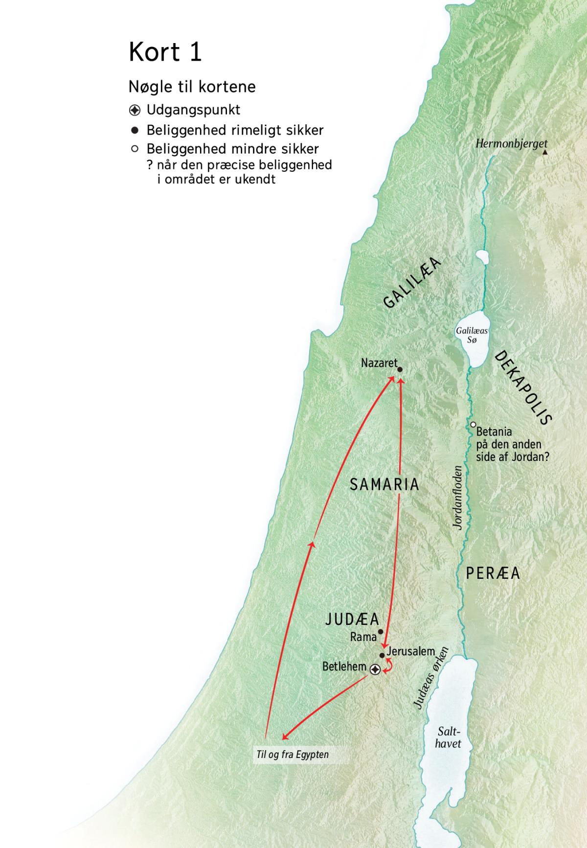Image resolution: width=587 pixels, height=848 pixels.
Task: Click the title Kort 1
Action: (x=165, y=51)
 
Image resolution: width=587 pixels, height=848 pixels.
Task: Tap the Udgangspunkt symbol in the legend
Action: (x=135, y=111)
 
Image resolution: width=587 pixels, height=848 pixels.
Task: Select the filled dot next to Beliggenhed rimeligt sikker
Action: (x=135, y=131)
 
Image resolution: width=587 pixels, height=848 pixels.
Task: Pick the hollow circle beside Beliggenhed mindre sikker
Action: (x=135, y=149)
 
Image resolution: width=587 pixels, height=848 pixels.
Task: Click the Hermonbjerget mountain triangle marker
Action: (x=545, y=153)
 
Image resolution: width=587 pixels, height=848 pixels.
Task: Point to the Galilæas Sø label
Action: (x=472, y=335)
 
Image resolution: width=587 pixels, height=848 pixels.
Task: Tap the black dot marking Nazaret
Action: (x=400, y=370)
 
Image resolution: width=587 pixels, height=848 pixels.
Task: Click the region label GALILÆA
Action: (x=412, y=283)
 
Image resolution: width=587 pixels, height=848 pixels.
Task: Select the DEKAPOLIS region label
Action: (x=523, y=387)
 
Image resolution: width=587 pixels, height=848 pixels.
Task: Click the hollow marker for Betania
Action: (x=473, y=425)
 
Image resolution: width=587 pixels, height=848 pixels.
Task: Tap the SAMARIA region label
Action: (x=384, y=484)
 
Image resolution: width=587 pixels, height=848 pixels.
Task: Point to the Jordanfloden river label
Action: (x=457, y=497)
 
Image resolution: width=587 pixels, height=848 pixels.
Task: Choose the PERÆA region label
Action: (x=493, y=573)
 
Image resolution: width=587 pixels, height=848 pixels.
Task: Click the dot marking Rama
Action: (x=381, y=632)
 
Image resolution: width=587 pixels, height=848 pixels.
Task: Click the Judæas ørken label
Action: (x=431, y=678)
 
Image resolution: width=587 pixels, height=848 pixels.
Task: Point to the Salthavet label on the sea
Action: (x=448, y=737)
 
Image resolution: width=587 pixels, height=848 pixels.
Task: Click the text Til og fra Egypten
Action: (x=293, y=754)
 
